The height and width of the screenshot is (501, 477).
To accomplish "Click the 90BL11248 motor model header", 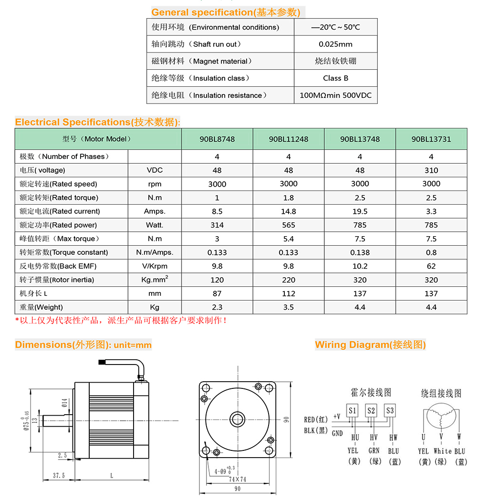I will [289, 139].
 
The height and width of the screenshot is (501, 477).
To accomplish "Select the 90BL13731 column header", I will [431, 139].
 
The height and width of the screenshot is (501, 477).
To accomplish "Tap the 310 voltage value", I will [431, 170].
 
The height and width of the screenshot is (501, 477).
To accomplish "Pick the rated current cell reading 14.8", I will [289, 211].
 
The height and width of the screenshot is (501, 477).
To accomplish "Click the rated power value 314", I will [217, 225].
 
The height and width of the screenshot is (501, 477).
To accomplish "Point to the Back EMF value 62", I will [431, 266].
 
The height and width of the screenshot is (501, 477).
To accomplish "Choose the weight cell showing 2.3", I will [217, 307].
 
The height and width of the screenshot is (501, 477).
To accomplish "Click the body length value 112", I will [289, 293].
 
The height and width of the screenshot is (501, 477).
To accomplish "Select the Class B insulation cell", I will [335, 78].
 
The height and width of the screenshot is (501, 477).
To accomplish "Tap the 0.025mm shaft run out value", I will [335, 44].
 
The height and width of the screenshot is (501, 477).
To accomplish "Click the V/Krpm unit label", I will [155, 266].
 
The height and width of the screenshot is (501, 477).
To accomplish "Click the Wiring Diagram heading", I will [370, 344].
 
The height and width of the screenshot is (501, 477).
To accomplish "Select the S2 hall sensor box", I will [371, 410].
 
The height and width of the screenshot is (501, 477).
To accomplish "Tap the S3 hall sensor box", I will [390, 410].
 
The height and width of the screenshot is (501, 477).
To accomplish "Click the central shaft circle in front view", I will [237, 419].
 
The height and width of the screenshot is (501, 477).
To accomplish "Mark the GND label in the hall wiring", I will [337, 433].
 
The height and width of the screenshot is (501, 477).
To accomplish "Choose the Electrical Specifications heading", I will [98, 122].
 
